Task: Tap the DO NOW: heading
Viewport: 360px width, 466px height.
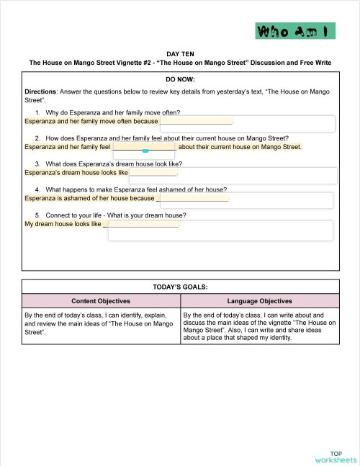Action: coord(180,79)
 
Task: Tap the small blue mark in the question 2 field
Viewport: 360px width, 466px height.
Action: coord(145,151)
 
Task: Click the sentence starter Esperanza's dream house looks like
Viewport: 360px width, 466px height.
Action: coord(76,173)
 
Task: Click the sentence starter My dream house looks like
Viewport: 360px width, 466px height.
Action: coord(63,224)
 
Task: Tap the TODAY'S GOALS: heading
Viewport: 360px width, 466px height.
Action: coord(180,286)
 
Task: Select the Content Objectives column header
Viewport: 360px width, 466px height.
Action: coord(101,301)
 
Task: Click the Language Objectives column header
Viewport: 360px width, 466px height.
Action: coord(259,301)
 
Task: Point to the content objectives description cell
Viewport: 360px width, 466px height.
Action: coord(101,323)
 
